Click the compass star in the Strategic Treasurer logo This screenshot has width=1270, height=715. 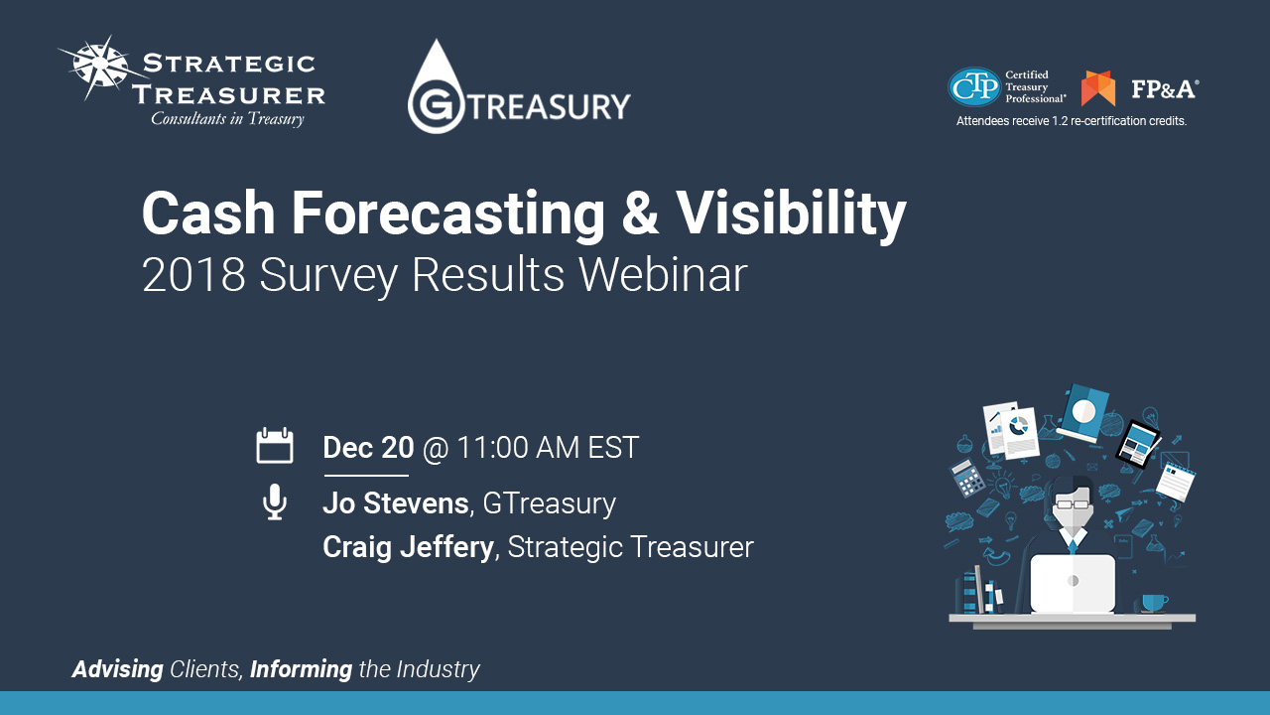click(x=101, y=67)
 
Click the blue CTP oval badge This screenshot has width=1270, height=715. click(x=974, y=86)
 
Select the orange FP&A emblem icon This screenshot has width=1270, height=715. click(x=1098, y=88)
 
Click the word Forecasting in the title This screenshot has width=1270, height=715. click(x=447, y=214)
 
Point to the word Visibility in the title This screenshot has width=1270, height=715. click(x=791, y=214)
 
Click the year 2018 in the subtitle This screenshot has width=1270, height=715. click(x=193, y=275)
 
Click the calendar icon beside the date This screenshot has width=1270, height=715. click(x=275, y=446)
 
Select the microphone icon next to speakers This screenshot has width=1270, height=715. click(x=275, y=501)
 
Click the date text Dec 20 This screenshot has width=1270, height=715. click(x=368, y=447)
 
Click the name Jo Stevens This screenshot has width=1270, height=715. click(x=396, y=503)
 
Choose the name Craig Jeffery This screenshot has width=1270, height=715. click(x=408, y=547)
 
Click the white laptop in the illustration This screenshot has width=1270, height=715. click(x=1073, y=583)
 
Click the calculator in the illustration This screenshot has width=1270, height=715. click(x=967, y=479)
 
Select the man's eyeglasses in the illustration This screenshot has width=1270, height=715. click(x=1072, y=503)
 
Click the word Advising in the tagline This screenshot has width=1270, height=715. click(x=117, y=669)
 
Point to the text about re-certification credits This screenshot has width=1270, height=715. click(x=1071, y=121)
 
